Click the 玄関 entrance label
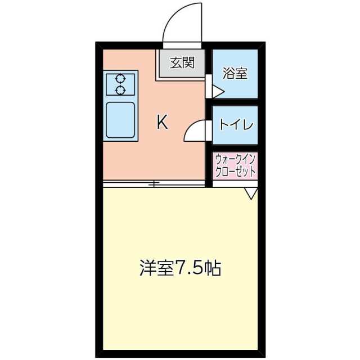pos(182,62)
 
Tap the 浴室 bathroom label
pos(235,73)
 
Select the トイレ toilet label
pos(236,125)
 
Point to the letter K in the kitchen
pos(163,123)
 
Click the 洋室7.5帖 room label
pos(180,268)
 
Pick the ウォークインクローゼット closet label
pos(235,165)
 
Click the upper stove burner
pos(120,79)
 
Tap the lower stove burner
pos(120,90)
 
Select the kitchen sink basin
pos(120,120)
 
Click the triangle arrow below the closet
pos(251,193)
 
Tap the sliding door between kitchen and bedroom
pos(154,184)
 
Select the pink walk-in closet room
pos(235,165)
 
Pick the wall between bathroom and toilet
pos(235,102)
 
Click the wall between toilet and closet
pos(235,148)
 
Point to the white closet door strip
pos(235,184)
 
